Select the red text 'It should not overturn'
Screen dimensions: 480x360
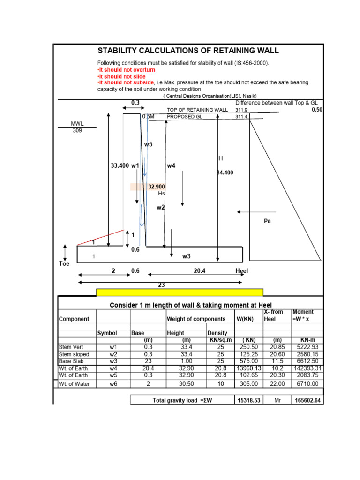click(x=126, y=70)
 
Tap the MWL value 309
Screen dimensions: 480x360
click(x=77, y=131)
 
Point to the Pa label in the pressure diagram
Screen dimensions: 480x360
click(x=268, y=221)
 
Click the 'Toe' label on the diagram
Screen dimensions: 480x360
click(x=64, y=264)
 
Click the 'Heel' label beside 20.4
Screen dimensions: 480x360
click(x=241, y=271)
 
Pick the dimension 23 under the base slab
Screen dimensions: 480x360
click(x=162, y=285)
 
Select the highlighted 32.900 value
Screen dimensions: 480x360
click(x=157, y=187)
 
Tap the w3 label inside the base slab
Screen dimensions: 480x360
click(x=186, y=256)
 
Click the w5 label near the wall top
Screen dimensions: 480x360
click(x=148, y=145)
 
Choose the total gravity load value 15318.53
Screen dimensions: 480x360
click(x=248, y=400)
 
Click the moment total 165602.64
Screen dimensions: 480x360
click(x=307, y=400)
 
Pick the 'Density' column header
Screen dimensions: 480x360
click(x=217, y=333)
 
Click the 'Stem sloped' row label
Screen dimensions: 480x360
click(x=74, y=354)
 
